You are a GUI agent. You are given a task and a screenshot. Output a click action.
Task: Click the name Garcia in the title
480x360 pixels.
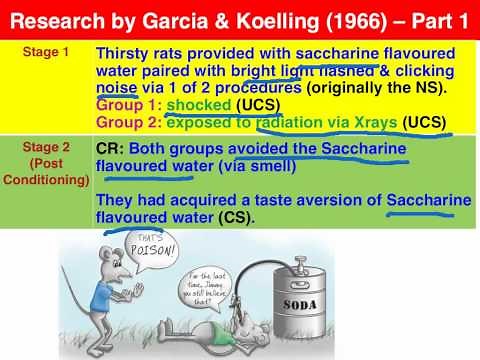tap(184, 17)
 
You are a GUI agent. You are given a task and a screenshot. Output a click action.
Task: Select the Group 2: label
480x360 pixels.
tap(129, 124)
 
